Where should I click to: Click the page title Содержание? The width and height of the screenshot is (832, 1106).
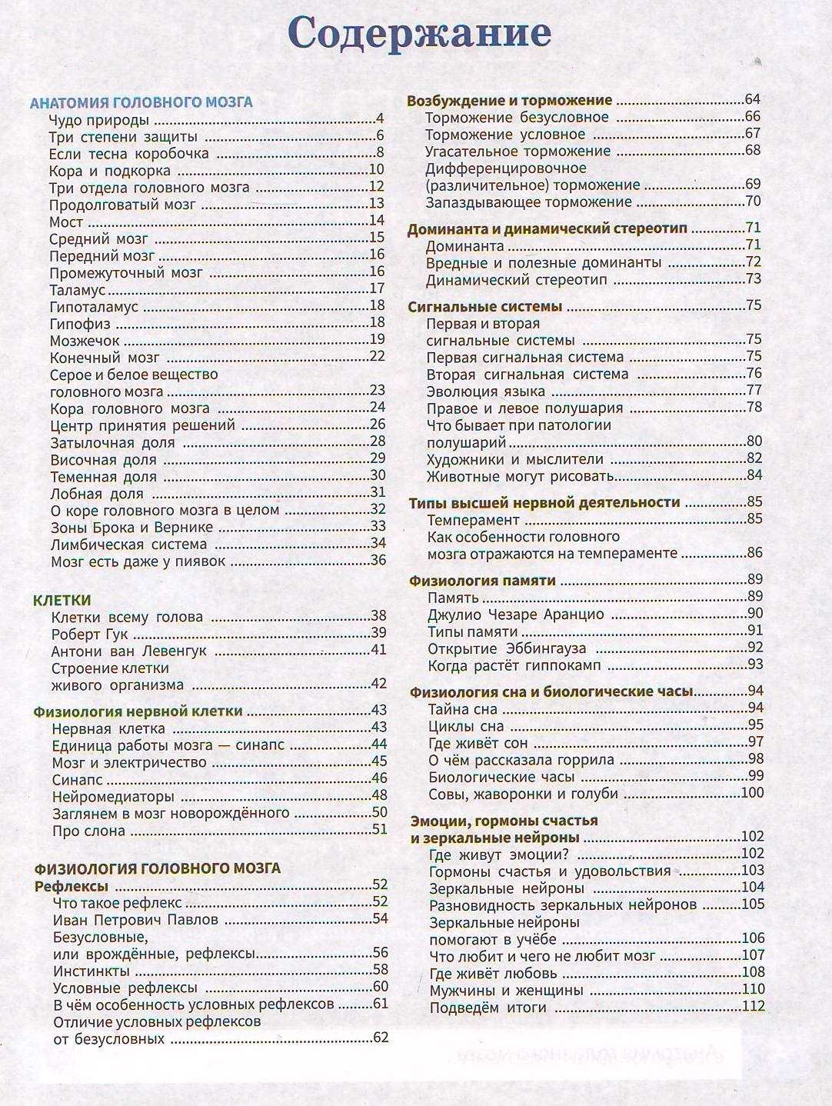click(x=419, y=35)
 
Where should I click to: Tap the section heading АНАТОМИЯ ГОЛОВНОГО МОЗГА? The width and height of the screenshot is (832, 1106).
click(x=141, y=102)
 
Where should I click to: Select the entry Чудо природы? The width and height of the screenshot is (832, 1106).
click(x=98, y=120)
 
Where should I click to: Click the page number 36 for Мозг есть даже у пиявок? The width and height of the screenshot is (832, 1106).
click(x=378, y=561)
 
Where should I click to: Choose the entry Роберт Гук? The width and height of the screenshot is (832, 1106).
click(x=89, y=635)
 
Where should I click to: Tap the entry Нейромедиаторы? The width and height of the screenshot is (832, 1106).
click(x=113, y=797)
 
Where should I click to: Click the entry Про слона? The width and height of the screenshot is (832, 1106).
click(x=88, y=831)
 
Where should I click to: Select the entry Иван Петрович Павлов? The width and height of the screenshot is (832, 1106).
click(x=135, y=920)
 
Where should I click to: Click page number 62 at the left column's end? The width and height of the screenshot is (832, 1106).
click(x=381, y=1038)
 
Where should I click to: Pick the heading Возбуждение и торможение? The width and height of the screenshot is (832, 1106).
click(x=509, y=101)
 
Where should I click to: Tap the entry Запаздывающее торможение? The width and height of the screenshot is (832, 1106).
click(x=528, y=202)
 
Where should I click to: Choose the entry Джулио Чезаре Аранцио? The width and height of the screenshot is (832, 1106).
click(x=515, y=615)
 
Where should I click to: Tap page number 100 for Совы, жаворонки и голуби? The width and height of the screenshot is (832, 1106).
click(x=752, y=794)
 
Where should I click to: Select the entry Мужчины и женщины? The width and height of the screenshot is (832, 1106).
click(x=506, y=991)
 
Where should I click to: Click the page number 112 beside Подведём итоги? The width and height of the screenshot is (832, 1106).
click(x=753, y=1008)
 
